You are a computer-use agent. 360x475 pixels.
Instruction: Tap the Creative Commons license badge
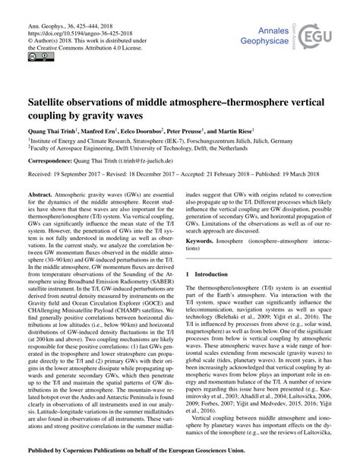(36, 57)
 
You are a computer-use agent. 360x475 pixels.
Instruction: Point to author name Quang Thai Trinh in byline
(54, 131)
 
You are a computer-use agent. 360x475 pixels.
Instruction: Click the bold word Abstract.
(42, 195)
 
